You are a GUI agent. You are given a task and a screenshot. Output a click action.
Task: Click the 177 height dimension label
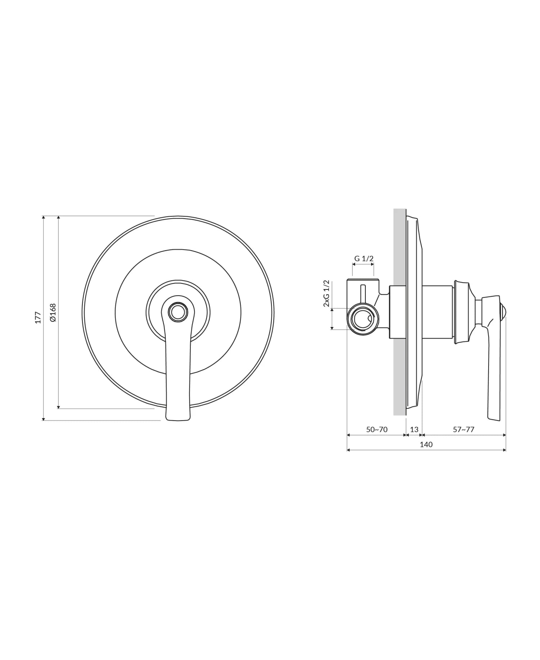[x=38, y=318]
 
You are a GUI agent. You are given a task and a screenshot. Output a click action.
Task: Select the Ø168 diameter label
[x=53, y=313]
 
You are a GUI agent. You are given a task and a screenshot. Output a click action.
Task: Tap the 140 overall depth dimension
[x=426, y=445]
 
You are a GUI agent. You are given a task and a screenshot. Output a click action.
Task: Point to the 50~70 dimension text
[x=377, y=430]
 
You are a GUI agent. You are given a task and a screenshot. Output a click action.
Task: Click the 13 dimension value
[x=414, y=430]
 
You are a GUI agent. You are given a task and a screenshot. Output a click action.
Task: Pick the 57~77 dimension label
[x=463, y=430]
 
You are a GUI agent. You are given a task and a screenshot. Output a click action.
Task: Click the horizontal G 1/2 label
[x=364, y=259]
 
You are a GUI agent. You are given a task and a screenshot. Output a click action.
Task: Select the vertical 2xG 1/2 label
[x=327, y=293]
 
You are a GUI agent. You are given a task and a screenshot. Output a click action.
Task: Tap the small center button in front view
[x=178, y=312]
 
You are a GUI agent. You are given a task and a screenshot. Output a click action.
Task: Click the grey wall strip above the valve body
[x=399, y=245]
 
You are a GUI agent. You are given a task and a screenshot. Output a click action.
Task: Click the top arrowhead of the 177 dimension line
[x=44, y=217]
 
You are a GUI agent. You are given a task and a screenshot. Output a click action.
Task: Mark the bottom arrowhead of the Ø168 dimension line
[x=58, y=407]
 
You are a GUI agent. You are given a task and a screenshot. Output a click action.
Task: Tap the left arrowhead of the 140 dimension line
[x=348, y=450]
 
